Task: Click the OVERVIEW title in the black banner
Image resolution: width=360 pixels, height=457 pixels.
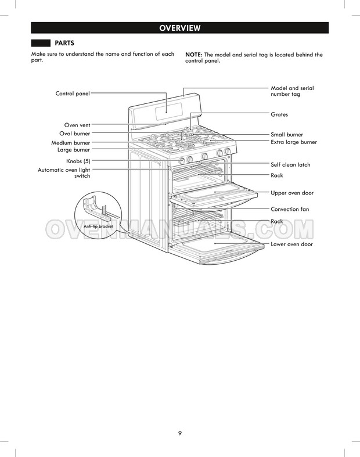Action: pos(180,28)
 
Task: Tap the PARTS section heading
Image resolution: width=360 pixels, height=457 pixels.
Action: pos(64,43)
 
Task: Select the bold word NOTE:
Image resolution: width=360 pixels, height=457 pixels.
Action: pos(194,55)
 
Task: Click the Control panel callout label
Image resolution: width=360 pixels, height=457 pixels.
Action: pos(73,93)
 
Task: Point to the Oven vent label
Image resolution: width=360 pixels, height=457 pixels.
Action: pos(77,125)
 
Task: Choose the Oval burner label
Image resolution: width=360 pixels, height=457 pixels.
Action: pos(75,134)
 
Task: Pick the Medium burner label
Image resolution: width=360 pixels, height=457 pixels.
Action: pos(70,143)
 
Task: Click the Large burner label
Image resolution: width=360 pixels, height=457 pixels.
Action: pos(74,150)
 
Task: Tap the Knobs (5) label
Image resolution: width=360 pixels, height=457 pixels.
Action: pos(78,161)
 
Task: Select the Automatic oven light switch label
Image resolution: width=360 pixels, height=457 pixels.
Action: pos(64,173)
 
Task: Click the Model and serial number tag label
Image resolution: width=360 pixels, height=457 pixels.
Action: pos(292,91)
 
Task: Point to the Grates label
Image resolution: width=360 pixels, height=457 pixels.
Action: pos(279,114)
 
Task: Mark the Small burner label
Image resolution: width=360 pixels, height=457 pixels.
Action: pos(287,135)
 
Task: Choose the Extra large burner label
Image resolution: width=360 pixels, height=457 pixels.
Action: pos(294,142)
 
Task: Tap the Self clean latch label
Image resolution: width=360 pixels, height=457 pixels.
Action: pos(290,165)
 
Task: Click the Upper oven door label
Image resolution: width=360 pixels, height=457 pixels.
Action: pos(292,193)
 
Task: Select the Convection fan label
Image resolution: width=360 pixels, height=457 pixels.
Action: pos(290,209)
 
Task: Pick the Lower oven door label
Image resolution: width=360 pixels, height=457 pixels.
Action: pos(291,244)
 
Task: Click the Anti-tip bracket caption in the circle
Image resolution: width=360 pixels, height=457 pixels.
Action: pos(98,226)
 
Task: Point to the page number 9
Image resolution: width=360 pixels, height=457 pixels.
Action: pos(180,433)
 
